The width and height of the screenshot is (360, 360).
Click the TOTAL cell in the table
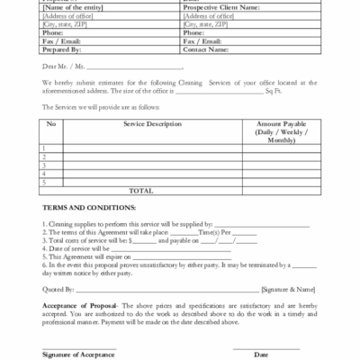point(140,190)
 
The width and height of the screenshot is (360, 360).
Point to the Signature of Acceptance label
point(78,354)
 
